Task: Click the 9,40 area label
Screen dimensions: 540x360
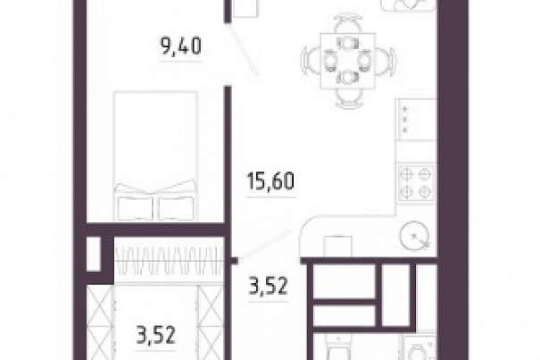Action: click(181, 46)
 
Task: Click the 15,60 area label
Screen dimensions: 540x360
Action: click(270, 181)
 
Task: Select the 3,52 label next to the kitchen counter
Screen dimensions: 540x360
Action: click(268, 286)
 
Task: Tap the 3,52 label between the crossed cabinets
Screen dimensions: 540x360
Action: click(156, 335)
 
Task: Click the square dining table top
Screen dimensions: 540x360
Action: click(348, 62)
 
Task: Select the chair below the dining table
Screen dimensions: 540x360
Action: click(349, 93)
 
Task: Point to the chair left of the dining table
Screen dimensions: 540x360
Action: click(313, 61)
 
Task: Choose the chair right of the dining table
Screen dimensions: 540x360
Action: click(382, 61)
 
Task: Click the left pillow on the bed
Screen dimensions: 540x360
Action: click(136, 207)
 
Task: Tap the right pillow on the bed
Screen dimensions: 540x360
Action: click(176, 207)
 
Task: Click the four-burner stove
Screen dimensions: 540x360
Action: click(416, 183)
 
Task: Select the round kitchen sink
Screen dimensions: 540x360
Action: click(415, 236)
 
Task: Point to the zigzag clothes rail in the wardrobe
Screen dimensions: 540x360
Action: click(169, 260)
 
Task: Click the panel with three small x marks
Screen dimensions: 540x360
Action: click(416, 120)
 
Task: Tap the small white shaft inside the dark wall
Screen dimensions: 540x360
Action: click(94, 254)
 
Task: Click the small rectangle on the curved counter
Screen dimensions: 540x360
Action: click(337, 247)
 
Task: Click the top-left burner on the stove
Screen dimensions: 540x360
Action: click(407, 174)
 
